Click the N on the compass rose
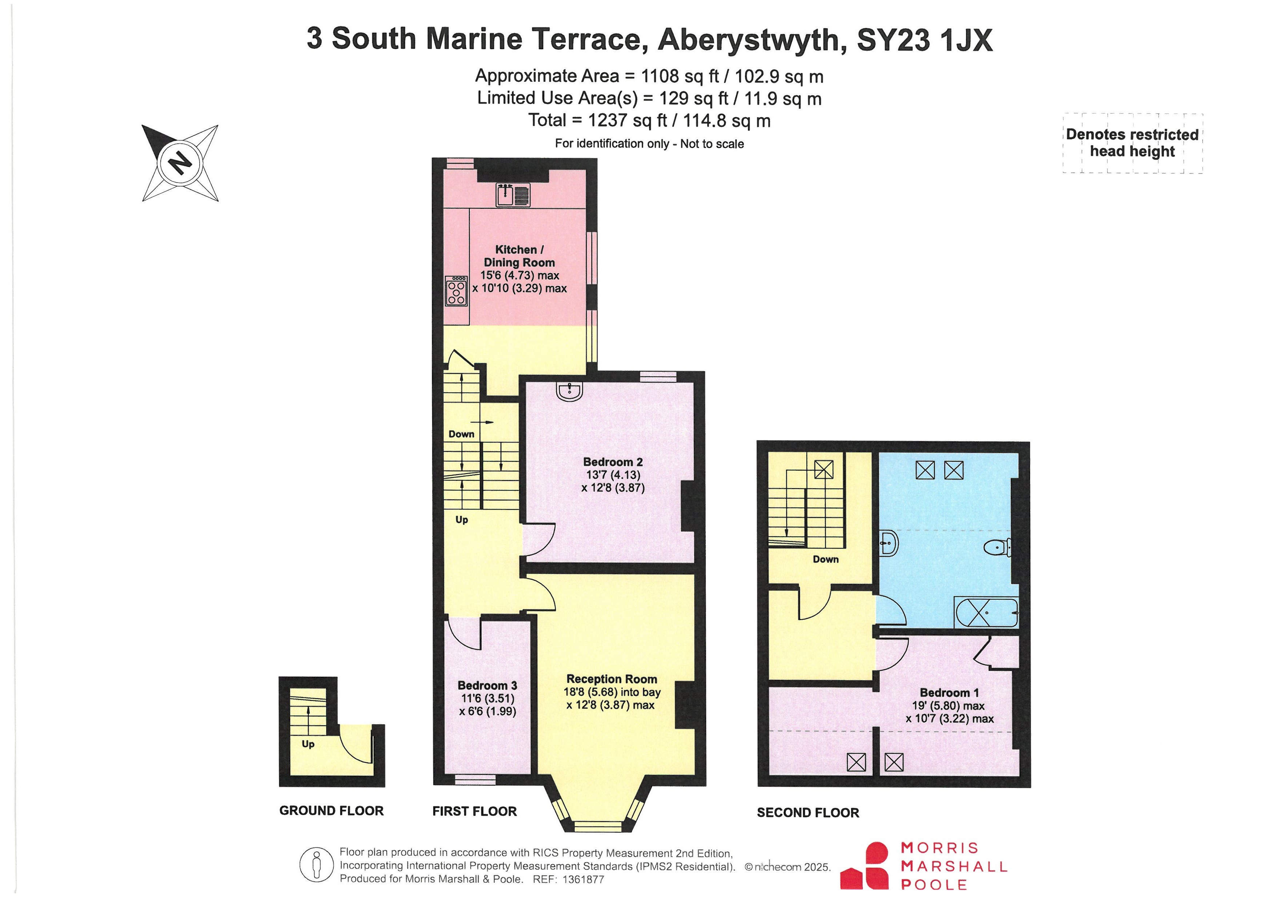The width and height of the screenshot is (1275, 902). point(179,163)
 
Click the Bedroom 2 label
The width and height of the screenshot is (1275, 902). point(613,462)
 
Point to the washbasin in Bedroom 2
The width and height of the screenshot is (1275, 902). point(570,392)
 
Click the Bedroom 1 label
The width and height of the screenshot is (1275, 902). point(949,693)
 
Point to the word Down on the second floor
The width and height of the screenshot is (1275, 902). point(826,559)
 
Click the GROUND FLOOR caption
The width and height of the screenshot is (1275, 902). point(332,811)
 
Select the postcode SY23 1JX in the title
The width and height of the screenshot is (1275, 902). point(925,39)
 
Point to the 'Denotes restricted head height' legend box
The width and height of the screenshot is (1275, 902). point(1133,143)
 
